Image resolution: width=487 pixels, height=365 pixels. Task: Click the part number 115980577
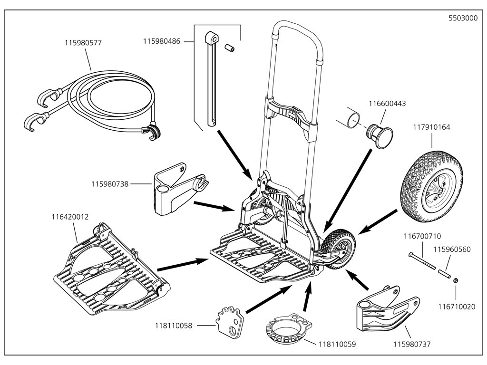click(83, 43)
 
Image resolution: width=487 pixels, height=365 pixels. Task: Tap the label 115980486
click(162, 42)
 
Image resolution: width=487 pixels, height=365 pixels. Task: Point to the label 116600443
click(387, 104)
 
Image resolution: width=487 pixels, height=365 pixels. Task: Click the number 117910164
click(431, 127)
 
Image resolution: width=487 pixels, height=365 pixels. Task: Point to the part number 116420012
click(70, 217)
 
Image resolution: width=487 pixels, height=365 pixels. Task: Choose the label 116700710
click(422, 236)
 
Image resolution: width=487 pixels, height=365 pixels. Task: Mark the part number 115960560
click(452, 249)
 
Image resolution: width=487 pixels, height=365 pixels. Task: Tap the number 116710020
click(457, 307)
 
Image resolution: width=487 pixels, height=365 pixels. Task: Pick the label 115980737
click(412, 344)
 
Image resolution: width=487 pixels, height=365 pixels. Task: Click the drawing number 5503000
click(463, 19)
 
